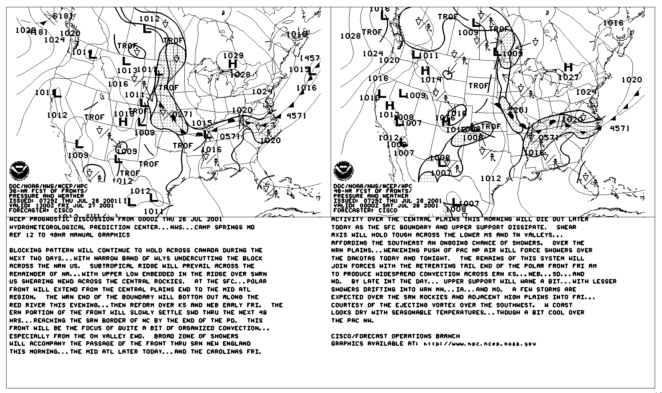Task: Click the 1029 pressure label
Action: point(233,56)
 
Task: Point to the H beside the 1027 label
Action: point(569,68)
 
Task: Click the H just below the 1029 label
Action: point(233,64)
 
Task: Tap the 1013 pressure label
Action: point(127,71)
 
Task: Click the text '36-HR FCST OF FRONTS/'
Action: point(48,191)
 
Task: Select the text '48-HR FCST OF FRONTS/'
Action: point(373,191)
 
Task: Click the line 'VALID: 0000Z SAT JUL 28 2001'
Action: point(386,205)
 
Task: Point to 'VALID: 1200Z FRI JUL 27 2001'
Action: point(61,205)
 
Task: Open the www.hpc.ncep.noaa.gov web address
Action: point(480,344)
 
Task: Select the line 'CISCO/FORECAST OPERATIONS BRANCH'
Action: point(395,336)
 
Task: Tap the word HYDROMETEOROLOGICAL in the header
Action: point(48,227)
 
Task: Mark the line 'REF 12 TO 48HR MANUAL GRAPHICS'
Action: point(70,235)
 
